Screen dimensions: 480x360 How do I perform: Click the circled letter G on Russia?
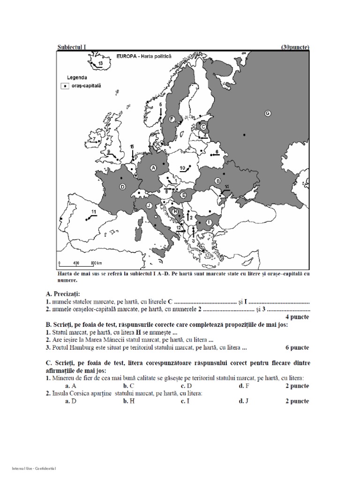[x=268, y=113]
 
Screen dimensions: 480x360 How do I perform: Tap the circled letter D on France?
[x=122, y=187]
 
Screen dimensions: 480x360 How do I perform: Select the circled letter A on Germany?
[x=153, y=167]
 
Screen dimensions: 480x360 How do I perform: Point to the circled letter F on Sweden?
[x=172, y=120]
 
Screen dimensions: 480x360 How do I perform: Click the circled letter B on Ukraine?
[x=217, y=181]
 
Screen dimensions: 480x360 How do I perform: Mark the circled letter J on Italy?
[x=149, y=205]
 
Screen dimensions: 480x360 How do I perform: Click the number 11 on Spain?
[x=94, y=213]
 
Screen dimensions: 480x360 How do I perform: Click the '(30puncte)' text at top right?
[x=295, y=47]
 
